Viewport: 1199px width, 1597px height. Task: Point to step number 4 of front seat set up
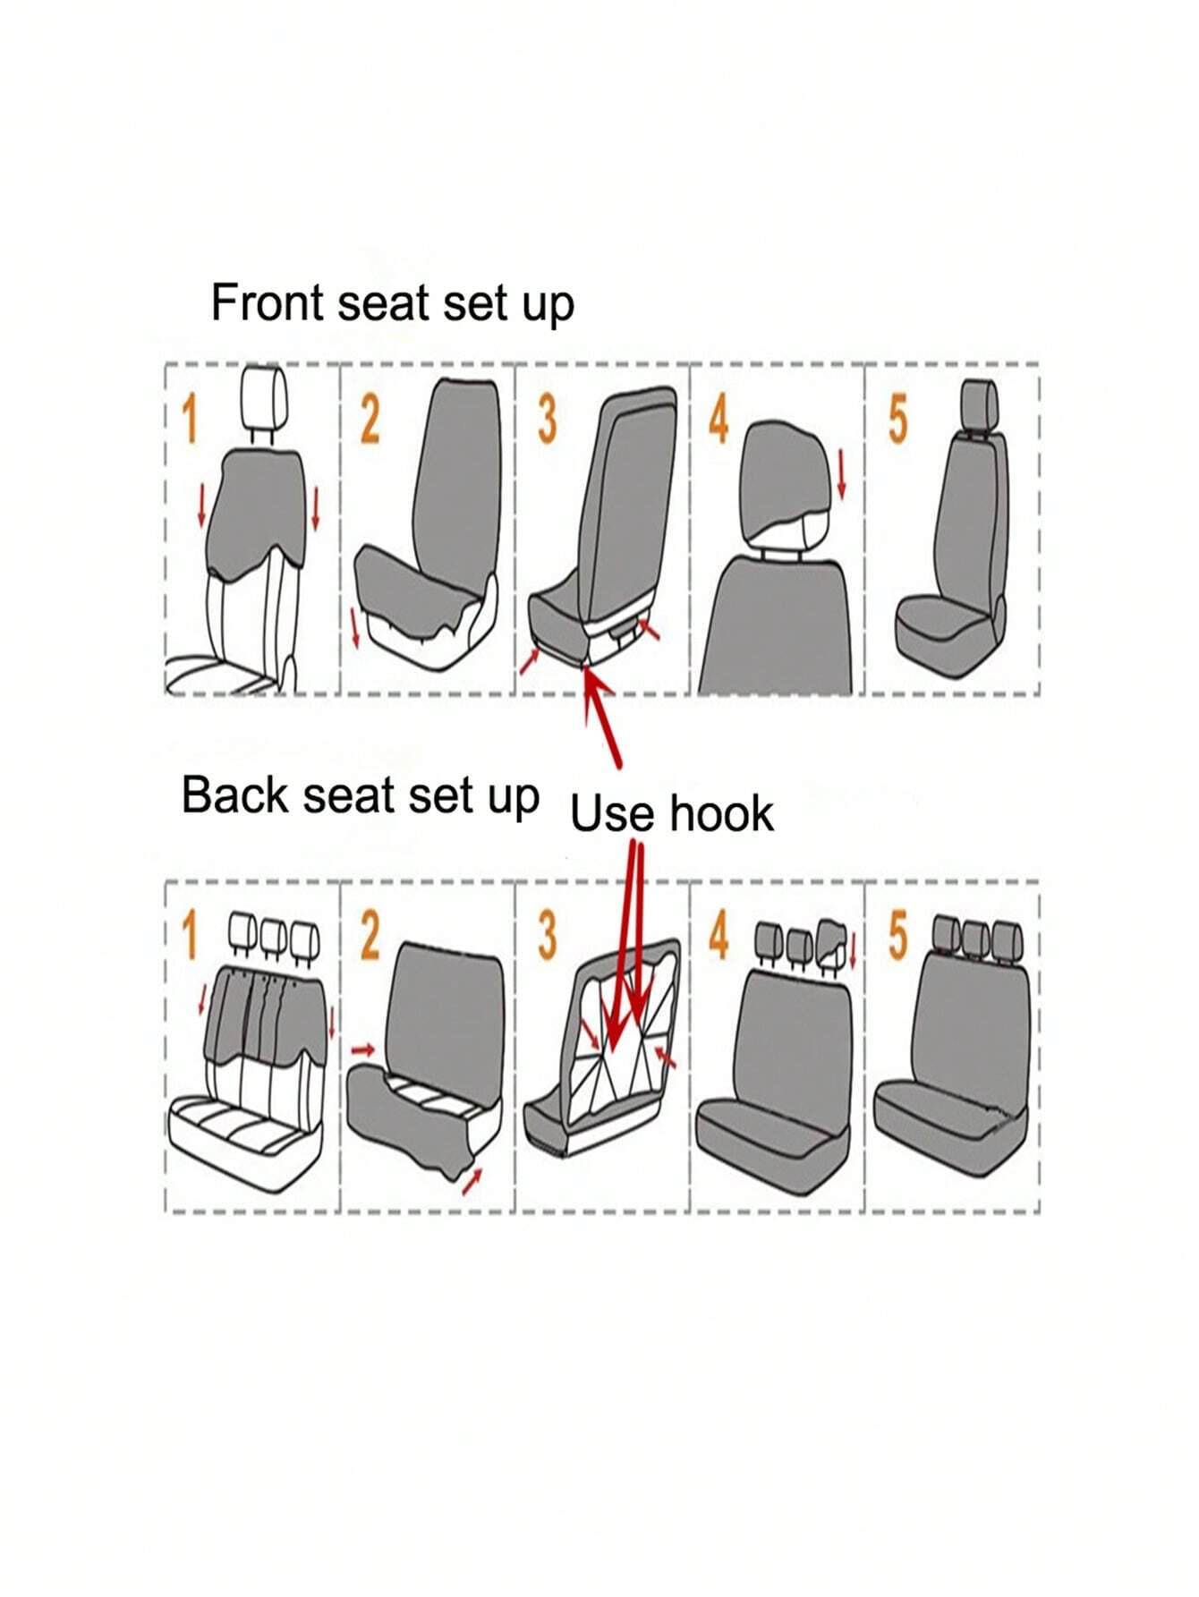pyautogui.click(x=719, y=419)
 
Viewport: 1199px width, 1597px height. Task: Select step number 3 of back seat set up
pyautogui.click(x=546, y=936)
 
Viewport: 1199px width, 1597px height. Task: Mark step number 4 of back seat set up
pyautogui.click(x=719, y=936)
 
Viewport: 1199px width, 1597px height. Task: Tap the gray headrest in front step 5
pyautogui.click(x=979, y=403)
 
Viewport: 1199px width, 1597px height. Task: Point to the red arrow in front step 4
pyautogui.click(x=841, y=475)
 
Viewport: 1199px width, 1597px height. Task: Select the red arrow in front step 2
pyautogui.click(x=356, y=628)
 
